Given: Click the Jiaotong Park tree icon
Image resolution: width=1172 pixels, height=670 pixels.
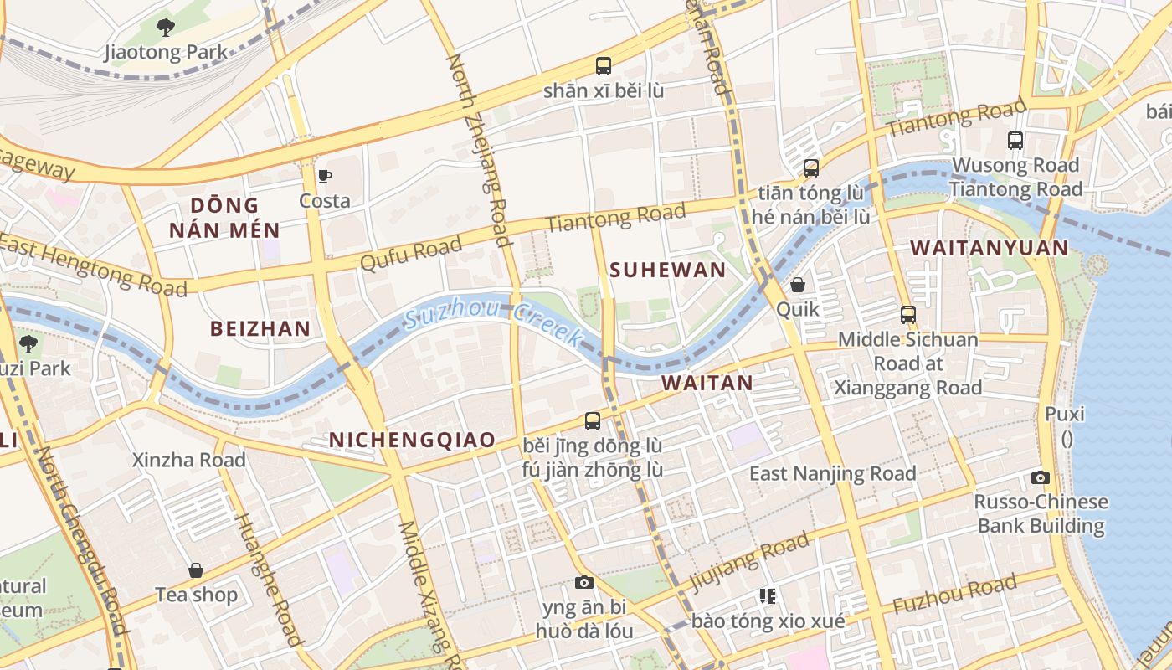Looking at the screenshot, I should (x=166, y=28).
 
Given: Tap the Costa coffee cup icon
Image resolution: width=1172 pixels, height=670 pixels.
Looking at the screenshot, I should (x=325, y=176).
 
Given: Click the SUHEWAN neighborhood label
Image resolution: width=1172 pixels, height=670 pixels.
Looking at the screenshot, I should (x=667, y=270).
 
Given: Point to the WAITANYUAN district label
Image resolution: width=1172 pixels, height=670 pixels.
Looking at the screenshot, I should (x=989, y=248).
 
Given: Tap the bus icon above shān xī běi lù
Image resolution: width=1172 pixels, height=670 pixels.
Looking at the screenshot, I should (x=603, y=65).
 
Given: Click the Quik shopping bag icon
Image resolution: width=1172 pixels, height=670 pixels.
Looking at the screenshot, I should (x=798, y=285).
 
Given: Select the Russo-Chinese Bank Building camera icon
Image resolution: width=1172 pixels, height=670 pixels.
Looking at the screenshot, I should (x=1041, y=477).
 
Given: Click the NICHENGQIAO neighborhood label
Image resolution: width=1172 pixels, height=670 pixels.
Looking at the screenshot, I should (x=412, y=440).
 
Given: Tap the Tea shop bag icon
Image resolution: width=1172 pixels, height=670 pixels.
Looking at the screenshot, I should (x=196, y=570).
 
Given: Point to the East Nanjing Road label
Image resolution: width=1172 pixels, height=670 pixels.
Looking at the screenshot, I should (x=832, y=473).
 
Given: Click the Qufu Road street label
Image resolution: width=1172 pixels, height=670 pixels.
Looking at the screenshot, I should (x=411, y=252).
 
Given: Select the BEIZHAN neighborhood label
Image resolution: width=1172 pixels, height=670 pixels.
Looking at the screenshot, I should (x=260, y=328).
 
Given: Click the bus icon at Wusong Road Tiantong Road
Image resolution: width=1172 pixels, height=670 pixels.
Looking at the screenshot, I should (x=1015, y=141).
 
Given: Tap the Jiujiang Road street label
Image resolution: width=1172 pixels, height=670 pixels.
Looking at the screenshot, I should (x=748, y=560).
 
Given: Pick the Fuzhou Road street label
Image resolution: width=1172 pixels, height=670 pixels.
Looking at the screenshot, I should (x=954, y=594).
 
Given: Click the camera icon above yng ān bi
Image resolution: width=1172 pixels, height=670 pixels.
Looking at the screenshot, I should (x=583, y=582).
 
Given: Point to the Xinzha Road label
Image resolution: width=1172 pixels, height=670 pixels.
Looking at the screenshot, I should (x=189, y=460).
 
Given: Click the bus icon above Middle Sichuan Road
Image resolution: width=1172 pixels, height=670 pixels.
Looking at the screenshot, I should (x=908, y=315).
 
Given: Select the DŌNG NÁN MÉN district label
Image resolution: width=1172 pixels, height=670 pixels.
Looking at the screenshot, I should (x=224, y=218).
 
